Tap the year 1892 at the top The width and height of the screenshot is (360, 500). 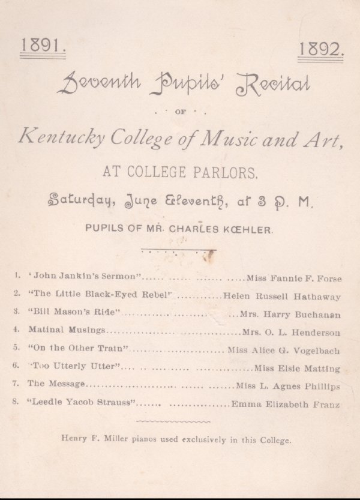320,49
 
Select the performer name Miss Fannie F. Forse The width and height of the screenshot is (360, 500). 295,278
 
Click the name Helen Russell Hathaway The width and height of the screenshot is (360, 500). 281,296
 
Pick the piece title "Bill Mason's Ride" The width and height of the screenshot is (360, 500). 75,312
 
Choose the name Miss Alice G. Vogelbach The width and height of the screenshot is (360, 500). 284,349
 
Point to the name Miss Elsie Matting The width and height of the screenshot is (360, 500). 297,368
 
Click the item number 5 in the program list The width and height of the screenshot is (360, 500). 16,347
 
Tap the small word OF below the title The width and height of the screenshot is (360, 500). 180,112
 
